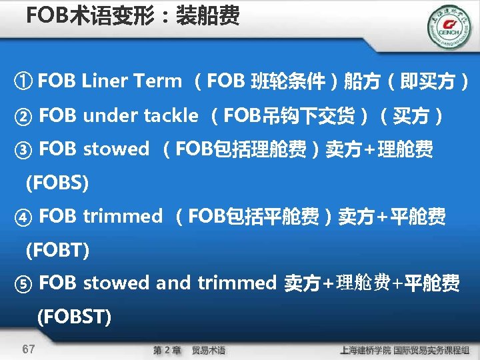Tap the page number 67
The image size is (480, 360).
(x=29, y=349)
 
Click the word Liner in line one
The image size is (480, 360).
(x=105, y=81)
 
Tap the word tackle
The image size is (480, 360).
(x=170, y=115)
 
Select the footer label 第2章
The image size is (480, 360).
(x=167, y=350)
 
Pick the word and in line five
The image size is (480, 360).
(x=173, y=283)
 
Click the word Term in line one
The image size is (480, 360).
(x=157, y=81)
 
